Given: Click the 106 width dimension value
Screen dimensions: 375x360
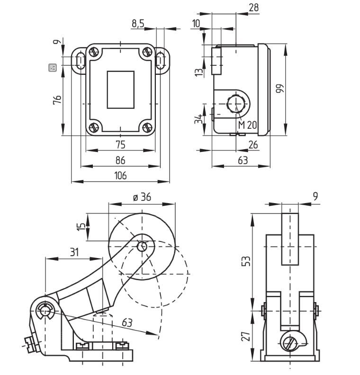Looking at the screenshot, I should tap(121, 176).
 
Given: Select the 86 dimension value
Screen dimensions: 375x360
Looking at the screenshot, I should tap(121, 161).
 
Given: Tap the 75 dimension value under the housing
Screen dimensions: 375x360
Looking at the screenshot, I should tap(121, 145).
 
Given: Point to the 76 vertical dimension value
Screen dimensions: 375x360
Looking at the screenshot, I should tap(57, 100).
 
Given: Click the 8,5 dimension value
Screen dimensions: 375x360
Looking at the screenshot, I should tap(138, 24).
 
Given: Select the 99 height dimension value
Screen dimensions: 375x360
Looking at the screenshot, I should tap(279, 89).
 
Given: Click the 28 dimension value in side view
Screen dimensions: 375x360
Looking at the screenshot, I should tap(253, 8).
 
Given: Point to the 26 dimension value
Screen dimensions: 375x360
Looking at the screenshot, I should tap(253, 145).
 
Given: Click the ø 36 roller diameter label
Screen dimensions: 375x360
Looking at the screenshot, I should tap(142, 197).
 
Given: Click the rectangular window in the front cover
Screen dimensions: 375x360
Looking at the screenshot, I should tap(120, 89).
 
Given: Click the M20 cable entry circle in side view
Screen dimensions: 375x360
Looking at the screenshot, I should tap(235, 103).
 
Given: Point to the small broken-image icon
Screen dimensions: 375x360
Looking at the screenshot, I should tap(53, 68).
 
